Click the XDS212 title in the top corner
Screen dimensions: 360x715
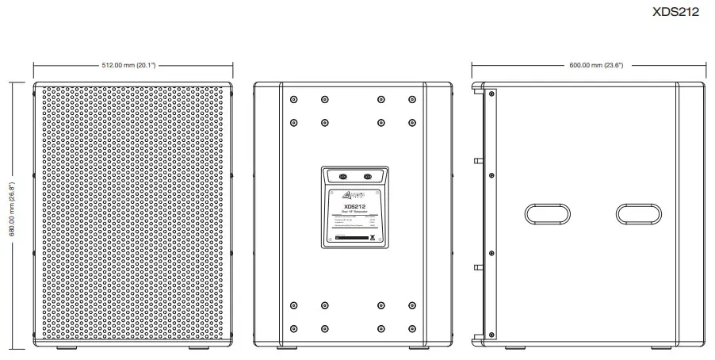[675, 12]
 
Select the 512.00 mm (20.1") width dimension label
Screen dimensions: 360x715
[133, 64]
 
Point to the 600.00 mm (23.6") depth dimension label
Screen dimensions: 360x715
[587, 64]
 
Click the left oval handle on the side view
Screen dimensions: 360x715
[546, 213]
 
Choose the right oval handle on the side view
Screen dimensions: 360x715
[637, 213]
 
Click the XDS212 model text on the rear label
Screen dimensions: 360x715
[354, 206]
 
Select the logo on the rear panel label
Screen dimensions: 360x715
[355, 195]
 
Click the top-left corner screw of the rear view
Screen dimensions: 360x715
[294, 100]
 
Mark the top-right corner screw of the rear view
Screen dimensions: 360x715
[411, 100]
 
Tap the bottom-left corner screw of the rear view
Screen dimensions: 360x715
[294, 327]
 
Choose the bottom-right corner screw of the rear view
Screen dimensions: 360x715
[411, 327]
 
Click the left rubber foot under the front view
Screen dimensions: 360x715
[67, 348]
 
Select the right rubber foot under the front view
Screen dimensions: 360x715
[200, 348]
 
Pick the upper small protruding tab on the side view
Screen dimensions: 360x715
[478, 161]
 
